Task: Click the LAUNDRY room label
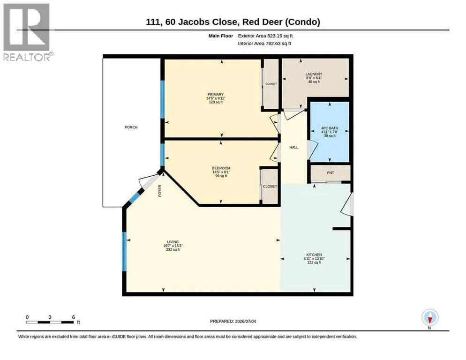(314, 74)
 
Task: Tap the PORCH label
(131, 127)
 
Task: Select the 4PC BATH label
(330, 128)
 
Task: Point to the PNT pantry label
(330, 172)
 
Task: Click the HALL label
(293, 148)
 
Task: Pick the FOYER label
(159, 191)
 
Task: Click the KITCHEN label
(314, 255)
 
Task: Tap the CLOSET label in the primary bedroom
(271, 84)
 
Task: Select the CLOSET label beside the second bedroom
(270, 187)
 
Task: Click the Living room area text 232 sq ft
(173, 250)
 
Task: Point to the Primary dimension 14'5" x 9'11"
(216, 98)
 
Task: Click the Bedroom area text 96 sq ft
(221, 176)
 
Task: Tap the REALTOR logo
(27, 32)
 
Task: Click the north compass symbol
(430, 317)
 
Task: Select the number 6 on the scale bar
(74, 317)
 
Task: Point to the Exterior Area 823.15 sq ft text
(265, 36)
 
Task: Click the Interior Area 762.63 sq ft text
(264, 44)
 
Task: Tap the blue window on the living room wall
(124, 252)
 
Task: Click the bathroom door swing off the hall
(313, 149)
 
